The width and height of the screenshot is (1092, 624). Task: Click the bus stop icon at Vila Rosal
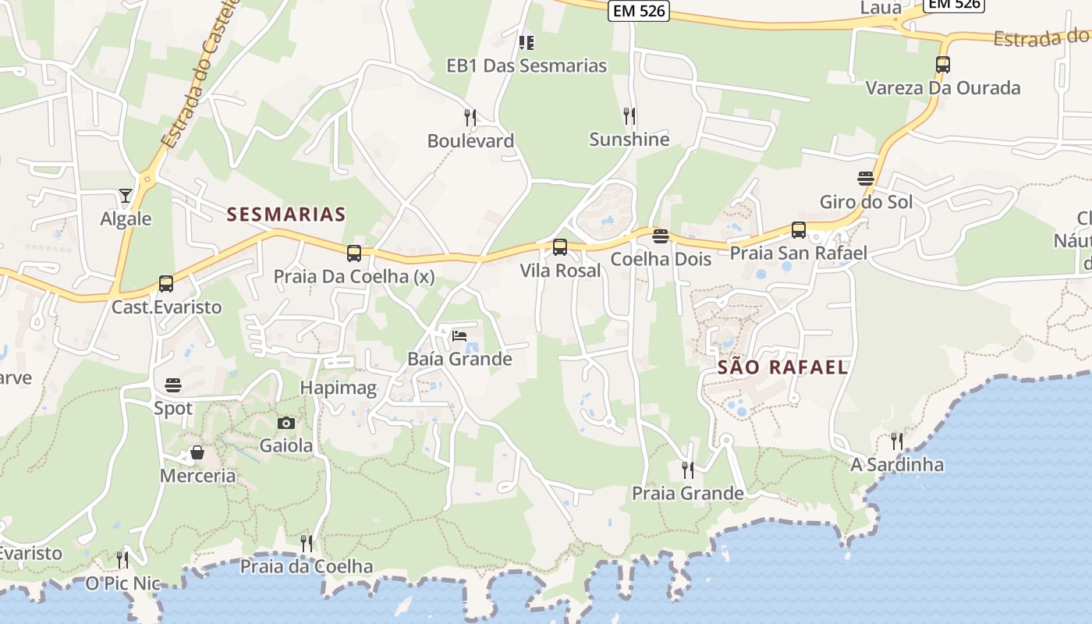pos(559,247)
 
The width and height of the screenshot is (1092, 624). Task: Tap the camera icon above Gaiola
pos(286,423)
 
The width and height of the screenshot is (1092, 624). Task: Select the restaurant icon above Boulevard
pos(470,118)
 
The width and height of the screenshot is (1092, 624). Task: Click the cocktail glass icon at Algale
pos(126,195)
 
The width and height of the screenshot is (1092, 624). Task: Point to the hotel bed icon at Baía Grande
pos(459,336)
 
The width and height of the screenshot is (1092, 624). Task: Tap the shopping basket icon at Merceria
pos(197,452)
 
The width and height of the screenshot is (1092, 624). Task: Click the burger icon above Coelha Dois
pos(661,236)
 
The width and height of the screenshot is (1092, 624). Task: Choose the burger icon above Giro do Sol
pos(865,179)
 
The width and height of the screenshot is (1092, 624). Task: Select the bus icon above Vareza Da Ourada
pos(942,65)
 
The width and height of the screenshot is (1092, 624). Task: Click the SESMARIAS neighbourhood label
pos(286,214)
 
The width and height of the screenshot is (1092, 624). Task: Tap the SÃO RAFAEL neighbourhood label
pos(782,367)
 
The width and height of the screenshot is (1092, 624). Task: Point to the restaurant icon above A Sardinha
pos(897,441)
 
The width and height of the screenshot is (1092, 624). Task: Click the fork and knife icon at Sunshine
pos(629,116)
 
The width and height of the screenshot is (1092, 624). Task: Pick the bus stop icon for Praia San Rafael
pos(798,230)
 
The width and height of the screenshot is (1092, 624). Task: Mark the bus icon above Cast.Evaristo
pos(165,284)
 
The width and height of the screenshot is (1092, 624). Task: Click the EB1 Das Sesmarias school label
pos(526,66)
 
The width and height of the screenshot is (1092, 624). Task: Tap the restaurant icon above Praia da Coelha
pos(307,543)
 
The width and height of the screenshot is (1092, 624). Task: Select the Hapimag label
pos(339,388)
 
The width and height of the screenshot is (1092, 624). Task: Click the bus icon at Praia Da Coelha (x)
pos(353,253)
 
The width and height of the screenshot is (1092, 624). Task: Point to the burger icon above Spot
pos(172,385)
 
